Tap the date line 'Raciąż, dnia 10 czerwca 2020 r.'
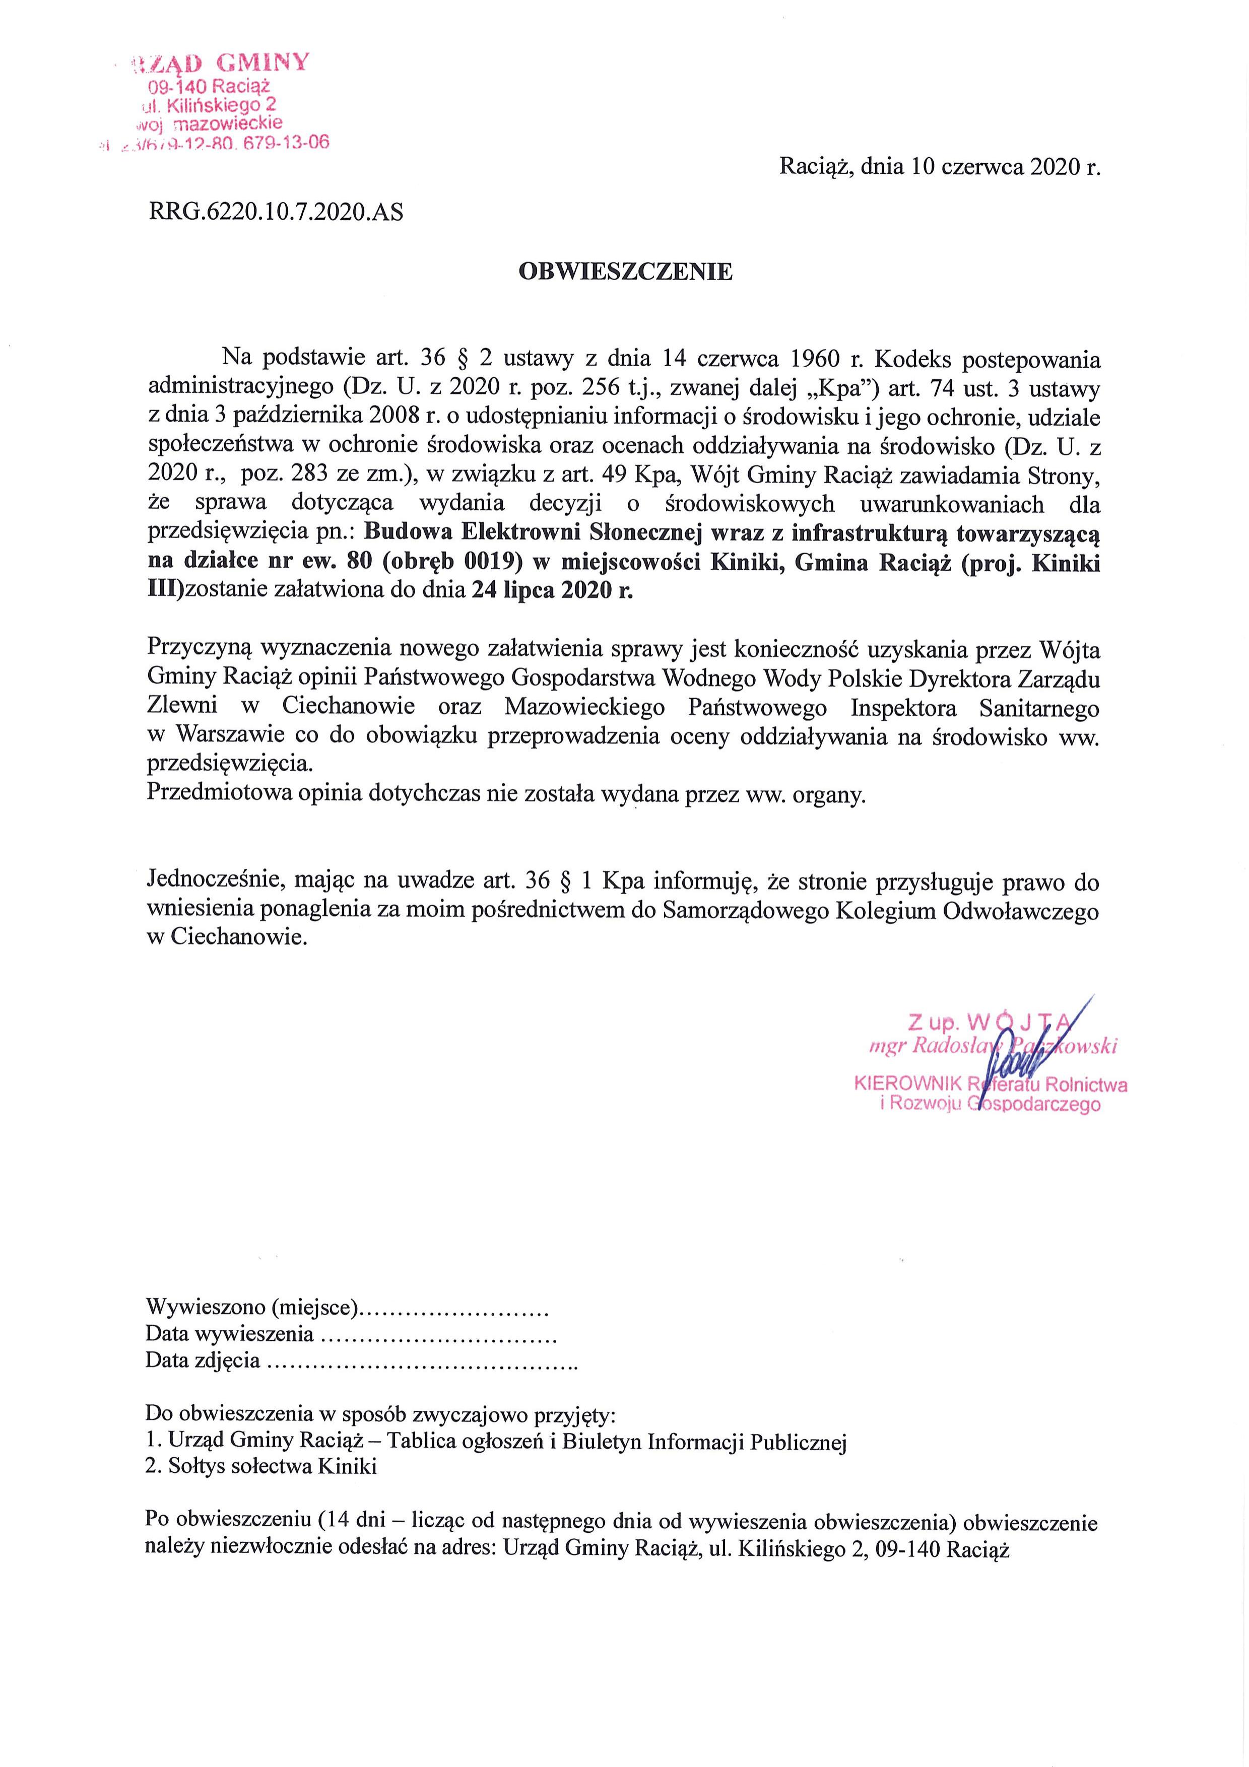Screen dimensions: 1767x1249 [941, 166]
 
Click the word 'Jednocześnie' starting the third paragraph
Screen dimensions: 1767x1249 [207, 879]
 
